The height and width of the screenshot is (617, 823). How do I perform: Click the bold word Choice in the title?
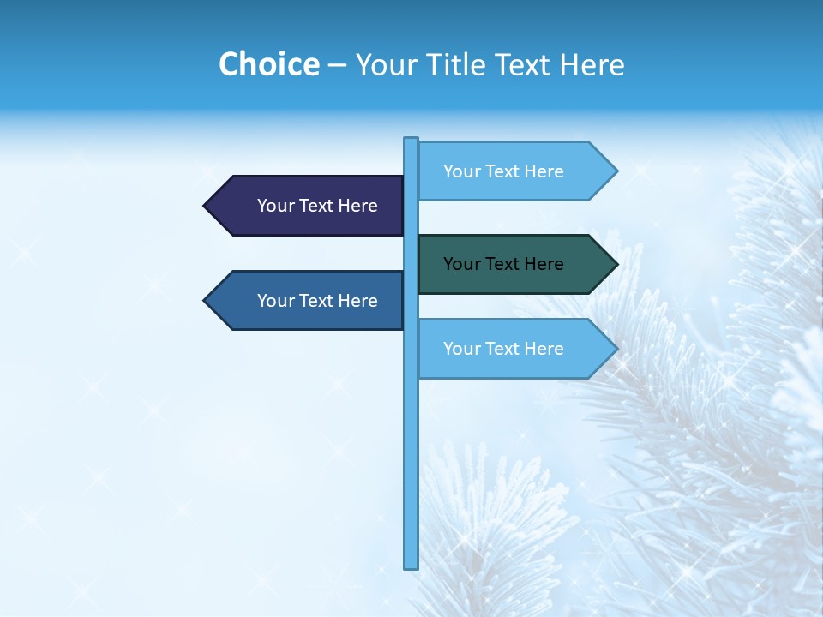pyautogui.click(x=268, y=64)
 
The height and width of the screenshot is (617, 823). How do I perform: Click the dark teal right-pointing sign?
pyautogui.click(x=510, y=264)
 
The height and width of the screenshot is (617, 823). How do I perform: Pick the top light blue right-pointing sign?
pyautogui.click(x=510, y=171)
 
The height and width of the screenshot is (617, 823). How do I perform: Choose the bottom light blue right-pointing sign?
pyautogui.click(x=510, y=349)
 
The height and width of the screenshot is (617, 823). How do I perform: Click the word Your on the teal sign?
pyautogui.click(x=460, y=264)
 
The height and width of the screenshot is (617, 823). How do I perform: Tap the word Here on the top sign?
pyautogui.click(x=544, y=171)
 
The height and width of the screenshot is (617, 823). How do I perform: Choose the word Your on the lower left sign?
pyautogui.click(x=273, y=301)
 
